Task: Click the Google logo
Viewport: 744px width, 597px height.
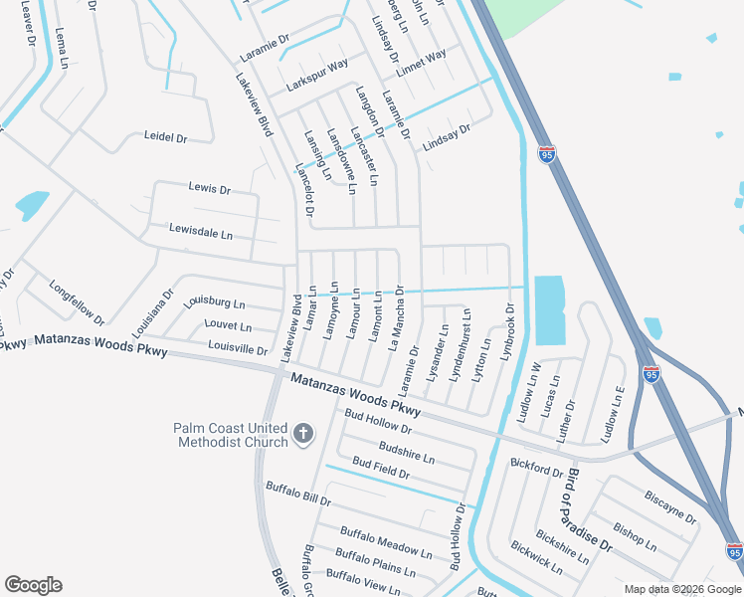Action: click(x=33, y=585)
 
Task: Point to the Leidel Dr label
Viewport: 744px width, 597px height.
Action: click(x=166, y=137)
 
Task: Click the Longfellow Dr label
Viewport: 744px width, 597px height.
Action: click(x=78, y=301)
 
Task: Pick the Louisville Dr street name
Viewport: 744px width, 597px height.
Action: click(x=238, y=349)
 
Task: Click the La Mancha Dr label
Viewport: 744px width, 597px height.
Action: click(x=396, y=317)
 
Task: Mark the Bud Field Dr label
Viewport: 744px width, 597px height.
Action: click(x=381, y=469)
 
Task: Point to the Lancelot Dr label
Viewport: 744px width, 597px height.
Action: click(x=304, y=191)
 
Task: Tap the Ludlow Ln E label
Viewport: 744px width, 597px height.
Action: click(x=613, y=414)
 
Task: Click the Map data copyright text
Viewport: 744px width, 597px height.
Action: click(x=682, y=589)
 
